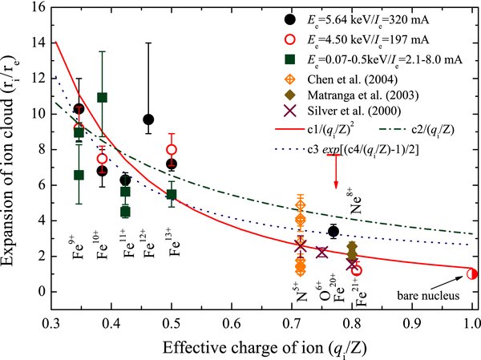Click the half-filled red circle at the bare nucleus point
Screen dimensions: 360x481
coord(471,273)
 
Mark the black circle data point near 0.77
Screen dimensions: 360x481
coord(333,232)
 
